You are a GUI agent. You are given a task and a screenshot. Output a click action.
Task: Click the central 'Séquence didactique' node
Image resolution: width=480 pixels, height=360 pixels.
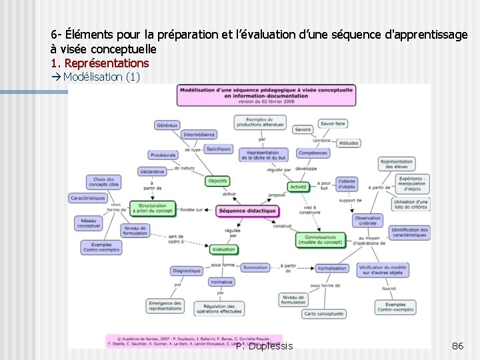247,211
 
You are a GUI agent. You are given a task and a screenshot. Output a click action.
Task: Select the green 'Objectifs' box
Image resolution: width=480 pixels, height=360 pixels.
217,181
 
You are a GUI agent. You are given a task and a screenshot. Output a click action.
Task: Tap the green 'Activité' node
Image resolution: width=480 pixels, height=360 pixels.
298,187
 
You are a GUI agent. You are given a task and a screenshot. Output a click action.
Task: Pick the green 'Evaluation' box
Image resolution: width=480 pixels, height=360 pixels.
224,249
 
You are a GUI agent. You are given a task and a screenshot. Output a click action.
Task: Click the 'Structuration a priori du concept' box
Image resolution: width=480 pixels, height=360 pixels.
153,209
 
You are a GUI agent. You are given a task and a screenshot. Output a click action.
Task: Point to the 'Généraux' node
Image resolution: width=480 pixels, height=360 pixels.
167,125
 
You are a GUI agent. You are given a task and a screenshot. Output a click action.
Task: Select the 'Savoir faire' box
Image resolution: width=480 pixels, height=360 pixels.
333,123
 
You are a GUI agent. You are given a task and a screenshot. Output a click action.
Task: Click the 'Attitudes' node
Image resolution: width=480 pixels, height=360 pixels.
348,143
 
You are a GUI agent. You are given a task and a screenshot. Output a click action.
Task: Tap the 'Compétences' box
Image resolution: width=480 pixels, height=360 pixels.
313,153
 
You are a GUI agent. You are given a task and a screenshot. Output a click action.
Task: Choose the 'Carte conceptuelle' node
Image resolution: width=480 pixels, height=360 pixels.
323,313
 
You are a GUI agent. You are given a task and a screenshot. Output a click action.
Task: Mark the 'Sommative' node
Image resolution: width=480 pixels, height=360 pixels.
255,267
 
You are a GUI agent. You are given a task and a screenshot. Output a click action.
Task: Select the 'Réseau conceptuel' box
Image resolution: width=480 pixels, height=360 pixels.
88,223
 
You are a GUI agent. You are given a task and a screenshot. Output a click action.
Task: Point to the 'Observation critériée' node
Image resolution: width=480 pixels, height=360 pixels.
367,220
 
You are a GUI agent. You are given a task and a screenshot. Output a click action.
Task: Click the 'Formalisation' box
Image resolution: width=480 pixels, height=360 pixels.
332,268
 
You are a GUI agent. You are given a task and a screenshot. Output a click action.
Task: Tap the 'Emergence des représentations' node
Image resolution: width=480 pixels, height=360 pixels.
165,305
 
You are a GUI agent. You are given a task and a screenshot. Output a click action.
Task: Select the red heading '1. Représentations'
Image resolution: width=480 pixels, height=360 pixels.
100,63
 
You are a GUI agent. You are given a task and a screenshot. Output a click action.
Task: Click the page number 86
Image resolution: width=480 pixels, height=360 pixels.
457,346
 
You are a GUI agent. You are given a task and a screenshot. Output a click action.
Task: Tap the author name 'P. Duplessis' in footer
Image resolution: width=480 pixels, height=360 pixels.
264,346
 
